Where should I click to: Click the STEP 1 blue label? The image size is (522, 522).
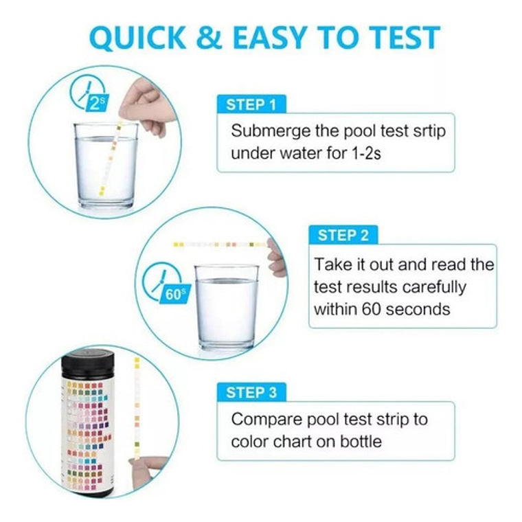tap(251, 105)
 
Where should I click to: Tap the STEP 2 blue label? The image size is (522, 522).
tap(343, 236)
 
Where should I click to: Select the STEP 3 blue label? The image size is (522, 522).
tap(252, 393)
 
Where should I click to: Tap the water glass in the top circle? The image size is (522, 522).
tap(106, 166)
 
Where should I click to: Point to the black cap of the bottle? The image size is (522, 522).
tap(87, 363)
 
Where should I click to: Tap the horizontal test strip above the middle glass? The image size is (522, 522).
tap(220, 244)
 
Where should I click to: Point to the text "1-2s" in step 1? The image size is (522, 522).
tap(365, 152)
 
